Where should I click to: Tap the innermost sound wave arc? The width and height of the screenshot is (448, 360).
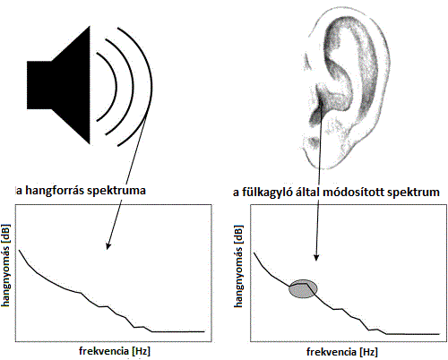(x=116, y=87)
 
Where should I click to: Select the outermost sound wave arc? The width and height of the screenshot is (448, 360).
(x=152, y=87)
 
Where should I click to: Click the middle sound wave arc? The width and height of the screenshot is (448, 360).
(x=134, y=87)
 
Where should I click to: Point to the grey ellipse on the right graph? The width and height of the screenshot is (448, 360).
(x=303, y=289)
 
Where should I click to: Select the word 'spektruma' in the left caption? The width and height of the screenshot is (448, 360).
(x=116, y=191)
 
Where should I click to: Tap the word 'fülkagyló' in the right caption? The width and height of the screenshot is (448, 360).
(x=266, y=193)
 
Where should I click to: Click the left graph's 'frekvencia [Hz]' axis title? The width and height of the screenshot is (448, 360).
(x=115, y=351)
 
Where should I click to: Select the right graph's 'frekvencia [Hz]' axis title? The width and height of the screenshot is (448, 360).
(x=342, y=352)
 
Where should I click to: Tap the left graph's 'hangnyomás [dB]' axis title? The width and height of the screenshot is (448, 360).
(x=5, y=265)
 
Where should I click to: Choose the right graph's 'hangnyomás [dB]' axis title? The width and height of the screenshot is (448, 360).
(x=238, y=266)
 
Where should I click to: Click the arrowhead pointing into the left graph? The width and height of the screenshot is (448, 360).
(x=108, y=245)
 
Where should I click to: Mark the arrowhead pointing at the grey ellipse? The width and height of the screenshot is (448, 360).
(x=316, y=257)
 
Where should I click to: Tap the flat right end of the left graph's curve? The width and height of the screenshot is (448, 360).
(x=204, y=331)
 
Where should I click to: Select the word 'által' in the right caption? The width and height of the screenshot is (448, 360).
(x=307, y=192)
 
